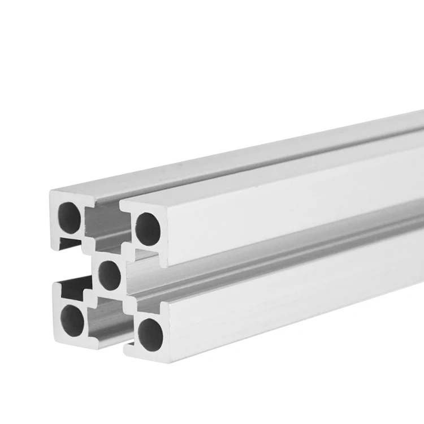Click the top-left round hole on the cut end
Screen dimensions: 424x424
(x=70, y=218)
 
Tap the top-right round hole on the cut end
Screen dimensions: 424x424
(x=148, y=228)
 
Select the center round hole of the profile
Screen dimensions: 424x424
(x=110, y=276)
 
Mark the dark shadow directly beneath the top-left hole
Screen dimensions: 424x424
(x=69, y=243)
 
